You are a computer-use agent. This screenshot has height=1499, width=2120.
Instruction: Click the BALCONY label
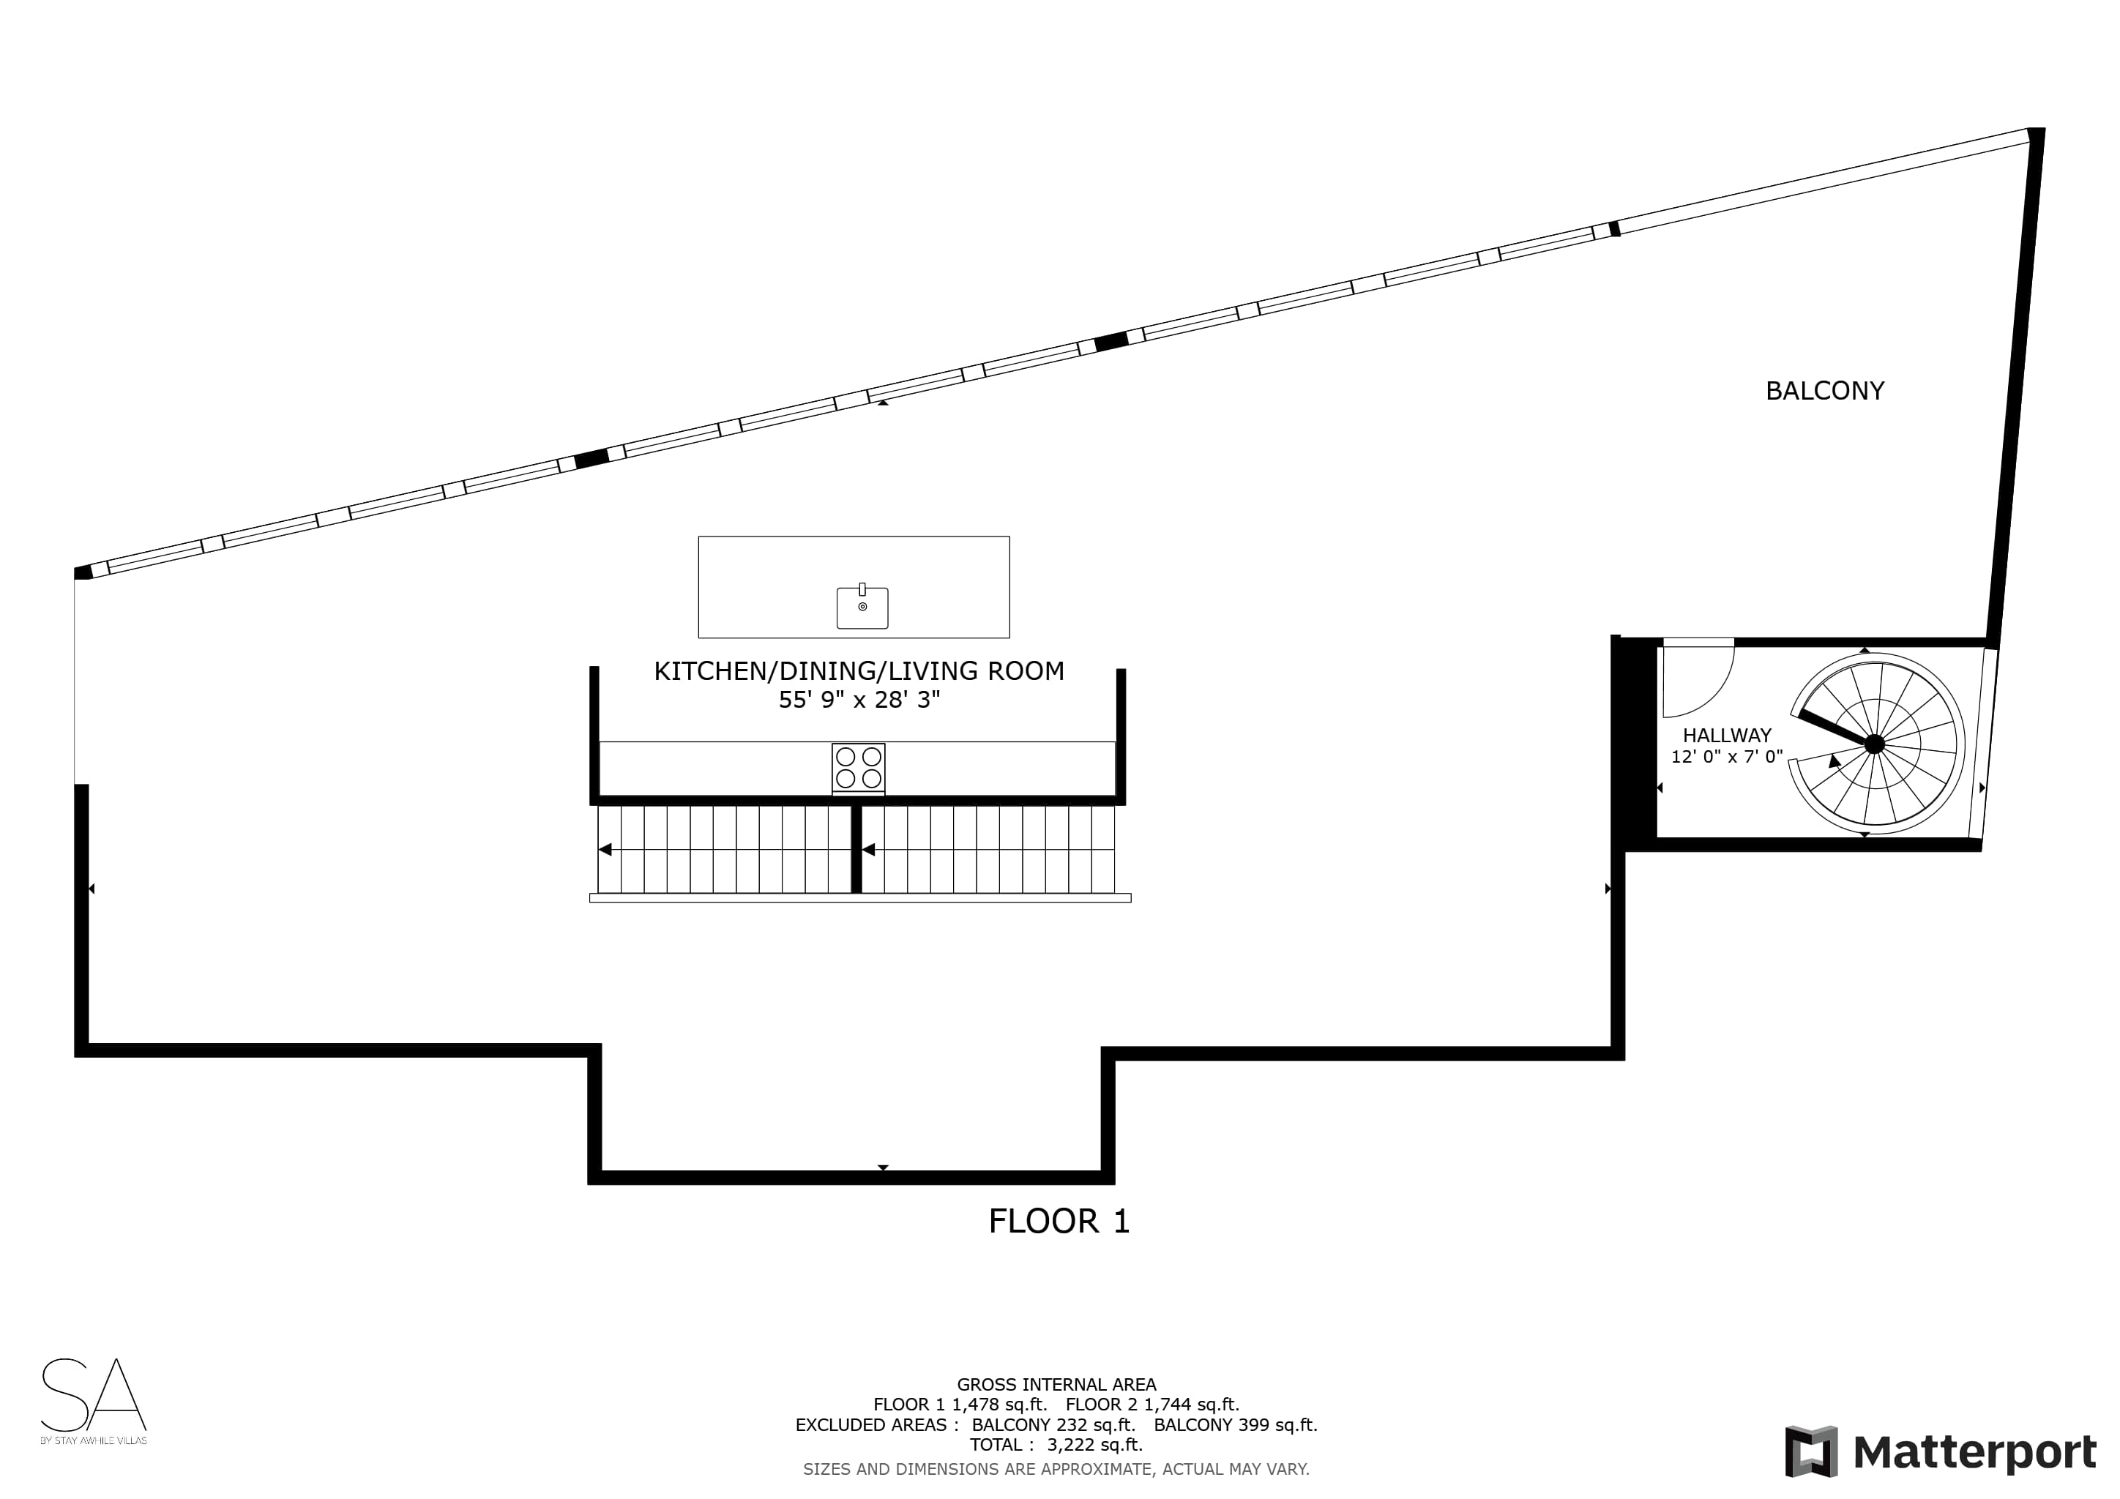(1824, 392)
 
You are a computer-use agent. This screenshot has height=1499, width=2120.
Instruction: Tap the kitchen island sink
(862, 608)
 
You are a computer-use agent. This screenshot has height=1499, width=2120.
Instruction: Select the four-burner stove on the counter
(859, 768)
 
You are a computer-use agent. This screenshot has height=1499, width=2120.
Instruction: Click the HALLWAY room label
(1727, 736)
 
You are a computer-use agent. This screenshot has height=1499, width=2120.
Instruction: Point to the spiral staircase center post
(1874, 744)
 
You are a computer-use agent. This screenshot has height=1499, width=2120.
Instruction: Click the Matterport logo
(1941, 1452)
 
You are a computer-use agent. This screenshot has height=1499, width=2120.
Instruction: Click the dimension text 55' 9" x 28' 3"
(859, 700)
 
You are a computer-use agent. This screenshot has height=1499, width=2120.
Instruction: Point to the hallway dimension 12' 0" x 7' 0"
(1727, 757)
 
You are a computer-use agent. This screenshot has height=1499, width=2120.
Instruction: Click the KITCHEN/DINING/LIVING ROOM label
(859, 671)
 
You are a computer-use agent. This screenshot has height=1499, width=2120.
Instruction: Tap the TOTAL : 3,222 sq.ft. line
(1056, 1445)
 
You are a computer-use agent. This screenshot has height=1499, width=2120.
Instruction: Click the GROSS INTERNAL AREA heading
(1056, 1385)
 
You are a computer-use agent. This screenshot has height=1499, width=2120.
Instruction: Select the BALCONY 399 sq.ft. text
(1236, 1424)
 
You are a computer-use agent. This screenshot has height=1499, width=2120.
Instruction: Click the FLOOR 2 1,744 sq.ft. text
(1152, 1405)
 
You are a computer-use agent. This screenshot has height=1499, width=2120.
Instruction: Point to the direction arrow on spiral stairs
(1834, 760)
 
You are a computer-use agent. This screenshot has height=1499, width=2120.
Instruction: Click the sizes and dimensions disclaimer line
(1056, 1468)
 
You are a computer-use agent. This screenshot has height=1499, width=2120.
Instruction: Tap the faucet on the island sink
(862, 589)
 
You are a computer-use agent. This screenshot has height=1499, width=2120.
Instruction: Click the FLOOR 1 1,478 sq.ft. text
(960, 1405)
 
